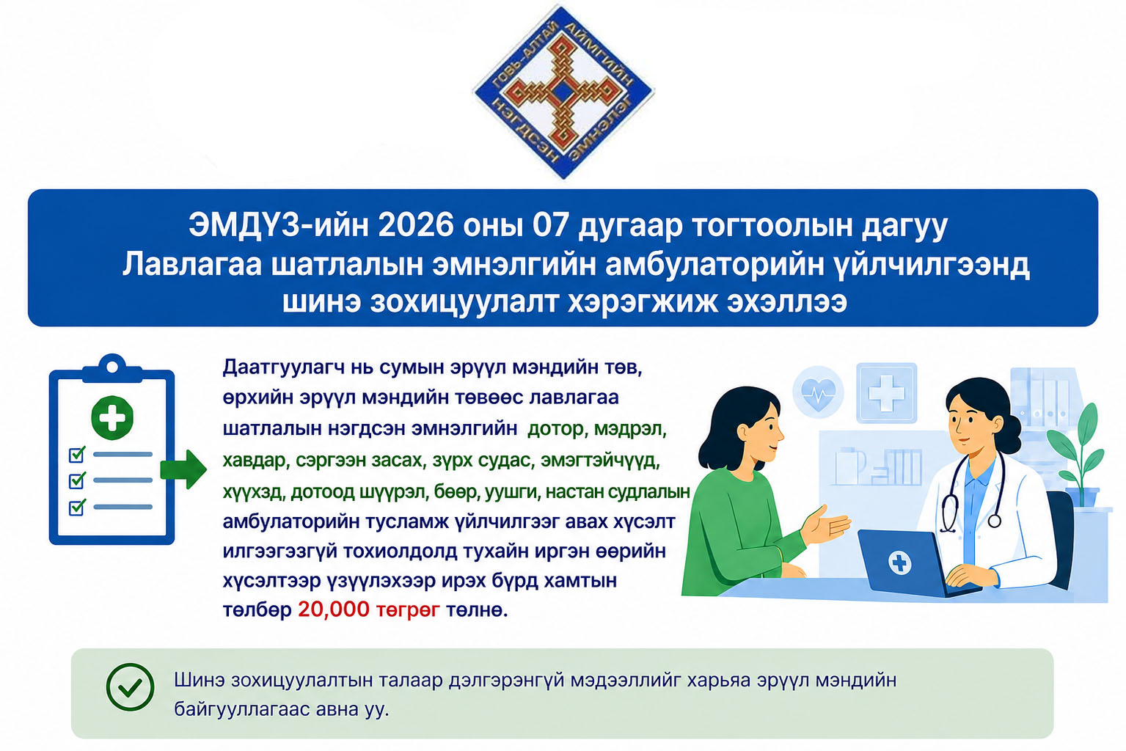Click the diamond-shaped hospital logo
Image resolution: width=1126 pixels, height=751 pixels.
(x=563, y=92)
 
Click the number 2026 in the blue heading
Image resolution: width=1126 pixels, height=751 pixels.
(x=416, y=226)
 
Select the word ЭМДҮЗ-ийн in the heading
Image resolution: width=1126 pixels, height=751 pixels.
(x=279, y=226)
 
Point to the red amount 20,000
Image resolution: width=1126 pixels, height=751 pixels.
(x=333, y=609)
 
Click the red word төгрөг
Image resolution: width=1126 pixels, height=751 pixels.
(x=408, y=611)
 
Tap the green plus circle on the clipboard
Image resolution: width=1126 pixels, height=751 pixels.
(x=112, y=417)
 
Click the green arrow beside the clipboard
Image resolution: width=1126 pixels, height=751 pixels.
(x=183, y=469)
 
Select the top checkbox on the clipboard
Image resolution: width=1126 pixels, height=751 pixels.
(x=77, y=455)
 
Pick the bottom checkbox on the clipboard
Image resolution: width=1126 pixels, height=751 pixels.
(x=77, y=508)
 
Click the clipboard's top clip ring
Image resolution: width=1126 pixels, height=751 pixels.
(x=112, y=367)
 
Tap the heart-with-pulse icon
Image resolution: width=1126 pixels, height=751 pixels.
(x=819, y=392)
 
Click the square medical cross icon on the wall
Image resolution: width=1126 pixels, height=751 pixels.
(x=887, y=392)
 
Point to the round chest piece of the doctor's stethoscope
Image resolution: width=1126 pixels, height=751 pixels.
(x=994, y=521)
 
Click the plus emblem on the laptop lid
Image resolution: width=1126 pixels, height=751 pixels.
(x=900, y=562)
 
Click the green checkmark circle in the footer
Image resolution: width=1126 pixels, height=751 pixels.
(x=130, y=686)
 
